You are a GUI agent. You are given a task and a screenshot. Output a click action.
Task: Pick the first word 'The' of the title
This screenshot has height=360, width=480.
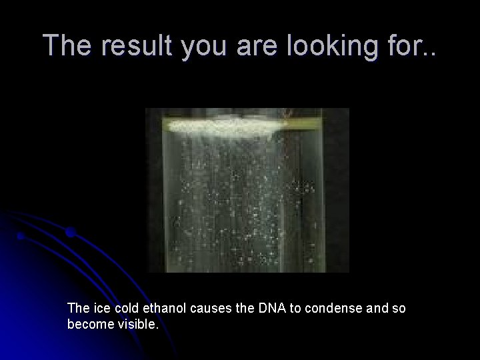pos(65,45)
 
